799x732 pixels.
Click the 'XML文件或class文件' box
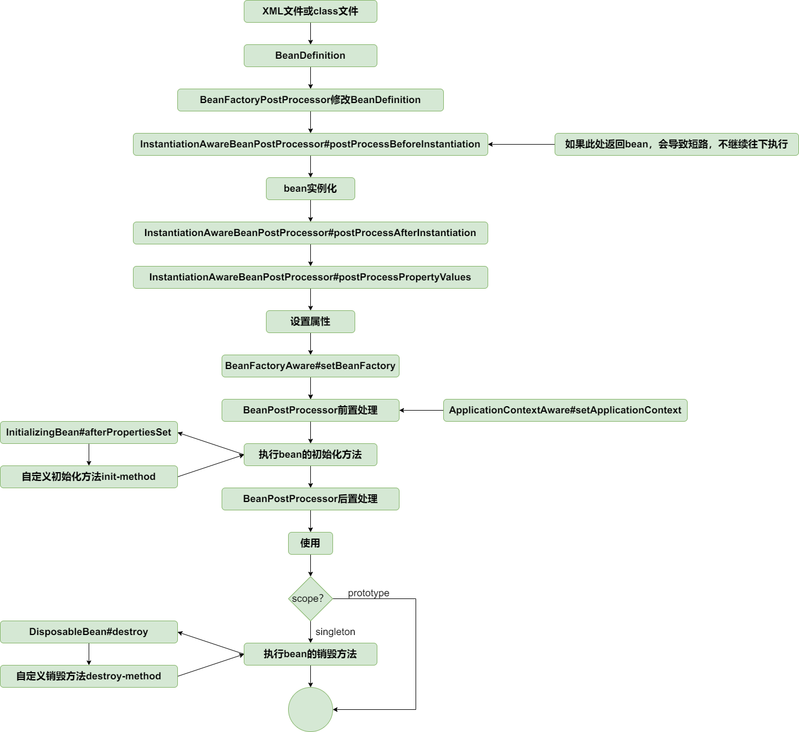click(310, 11)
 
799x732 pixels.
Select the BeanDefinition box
click(310, 55)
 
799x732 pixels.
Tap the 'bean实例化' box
click(310, 188)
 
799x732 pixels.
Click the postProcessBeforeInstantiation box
click(310, 144)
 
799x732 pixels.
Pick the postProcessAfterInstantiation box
click(310, 233)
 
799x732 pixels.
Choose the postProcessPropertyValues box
click(310, 277)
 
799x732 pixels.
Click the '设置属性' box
click(310, 321)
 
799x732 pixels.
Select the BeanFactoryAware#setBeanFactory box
click(310, 366)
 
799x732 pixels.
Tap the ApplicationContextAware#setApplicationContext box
click(565, 410)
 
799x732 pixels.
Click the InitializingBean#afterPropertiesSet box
click(89, 432)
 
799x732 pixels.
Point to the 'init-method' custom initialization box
click(89, 477)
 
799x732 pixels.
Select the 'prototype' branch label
click(368, 593)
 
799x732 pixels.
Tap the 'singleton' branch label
click(335, 632)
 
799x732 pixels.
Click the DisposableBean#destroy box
click(89, 632)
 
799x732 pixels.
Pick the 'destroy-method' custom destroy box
click(89, 676)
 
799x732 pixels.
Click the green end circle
click(310, 709)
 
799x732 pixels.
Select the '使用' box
click(310, 543)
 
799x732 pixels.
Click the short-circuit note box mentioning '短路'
click(676, 144)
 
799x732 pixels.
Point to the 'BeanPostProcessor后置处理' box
click(310, 499)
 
